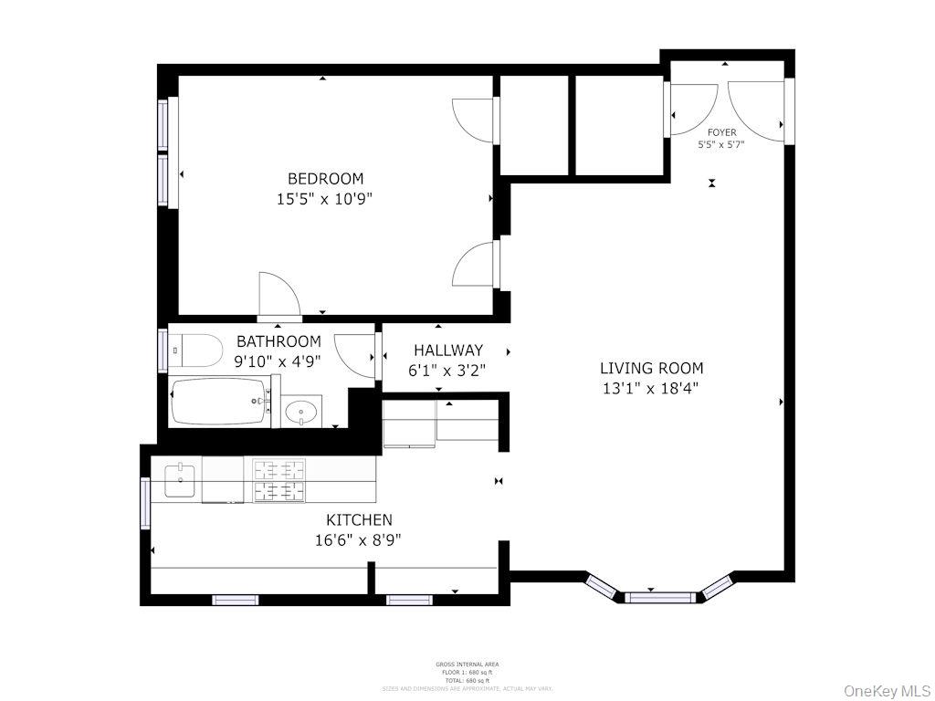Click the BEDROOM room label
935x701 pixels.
(325, 179)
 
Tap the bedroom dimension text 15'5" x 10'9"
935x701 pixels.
(325, 199)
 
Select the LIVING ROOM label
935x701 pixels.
(651, 369)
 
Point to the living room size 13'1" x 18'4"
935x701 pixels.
(651, 388)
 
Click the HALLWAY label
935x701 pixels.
(447, 350)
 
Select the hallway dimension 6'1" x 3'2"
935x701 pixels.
(446, 371)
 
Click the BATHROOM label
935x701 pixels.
(278, 341)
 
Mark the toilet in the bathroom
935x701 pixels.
(198, 350)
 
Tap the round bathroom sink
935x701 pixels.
(301, 413)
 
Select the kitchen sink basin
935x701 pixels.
(181, 480)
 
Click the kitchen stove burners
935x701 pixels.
(278, 481)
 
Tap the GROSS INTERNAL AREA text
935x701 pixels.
(467, 664)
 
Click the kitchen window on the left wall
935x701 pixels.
(144, 503)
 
